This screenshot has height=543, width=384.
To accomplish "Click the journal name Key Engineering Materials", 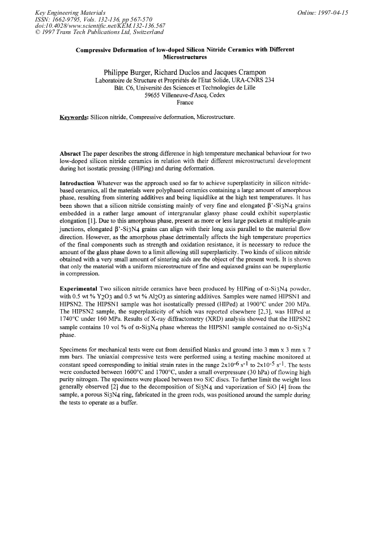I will coord(65,12).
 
